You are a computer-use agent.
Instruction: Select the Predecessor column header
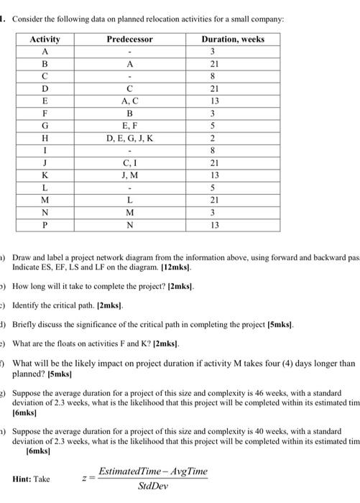point(130,40)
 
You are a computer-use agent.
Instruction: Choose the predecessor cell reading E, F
point(130,126)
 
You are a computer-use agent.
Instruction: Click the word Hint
point(26,478)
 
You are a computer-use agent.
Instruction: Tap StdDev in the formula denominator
point(153,485)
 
